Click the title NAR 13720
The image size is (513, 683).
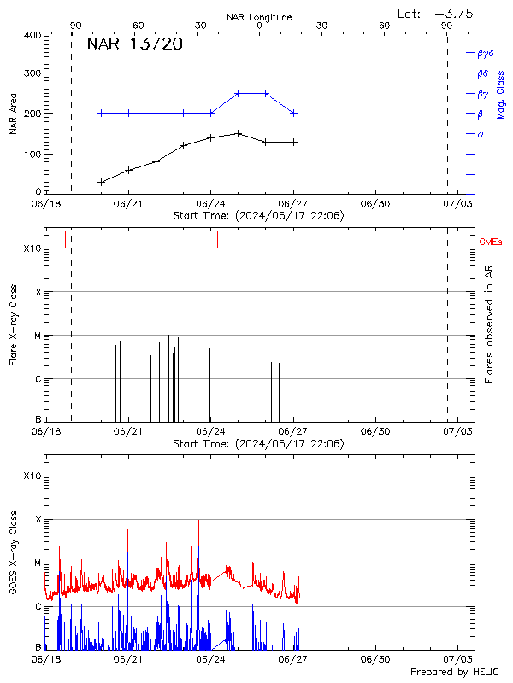(134, 44)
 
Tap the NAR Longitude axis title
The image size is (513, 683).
(259, 17)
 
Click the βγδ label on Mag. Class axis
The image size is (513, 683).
(486, 53)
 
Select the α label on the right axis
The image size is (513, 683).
(481, 134)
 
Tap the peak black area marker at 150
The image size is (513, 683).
(239, 133)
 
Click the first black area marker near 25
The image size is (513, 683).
(101, 182)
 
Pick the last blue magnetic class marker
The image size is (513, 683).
(293, 113)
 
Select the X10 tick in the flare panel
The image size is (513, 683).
(32, 248)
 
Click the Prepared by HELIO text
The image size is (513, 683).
(454, 671)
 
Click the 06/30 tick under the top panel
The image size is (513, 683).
(376, 204)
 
